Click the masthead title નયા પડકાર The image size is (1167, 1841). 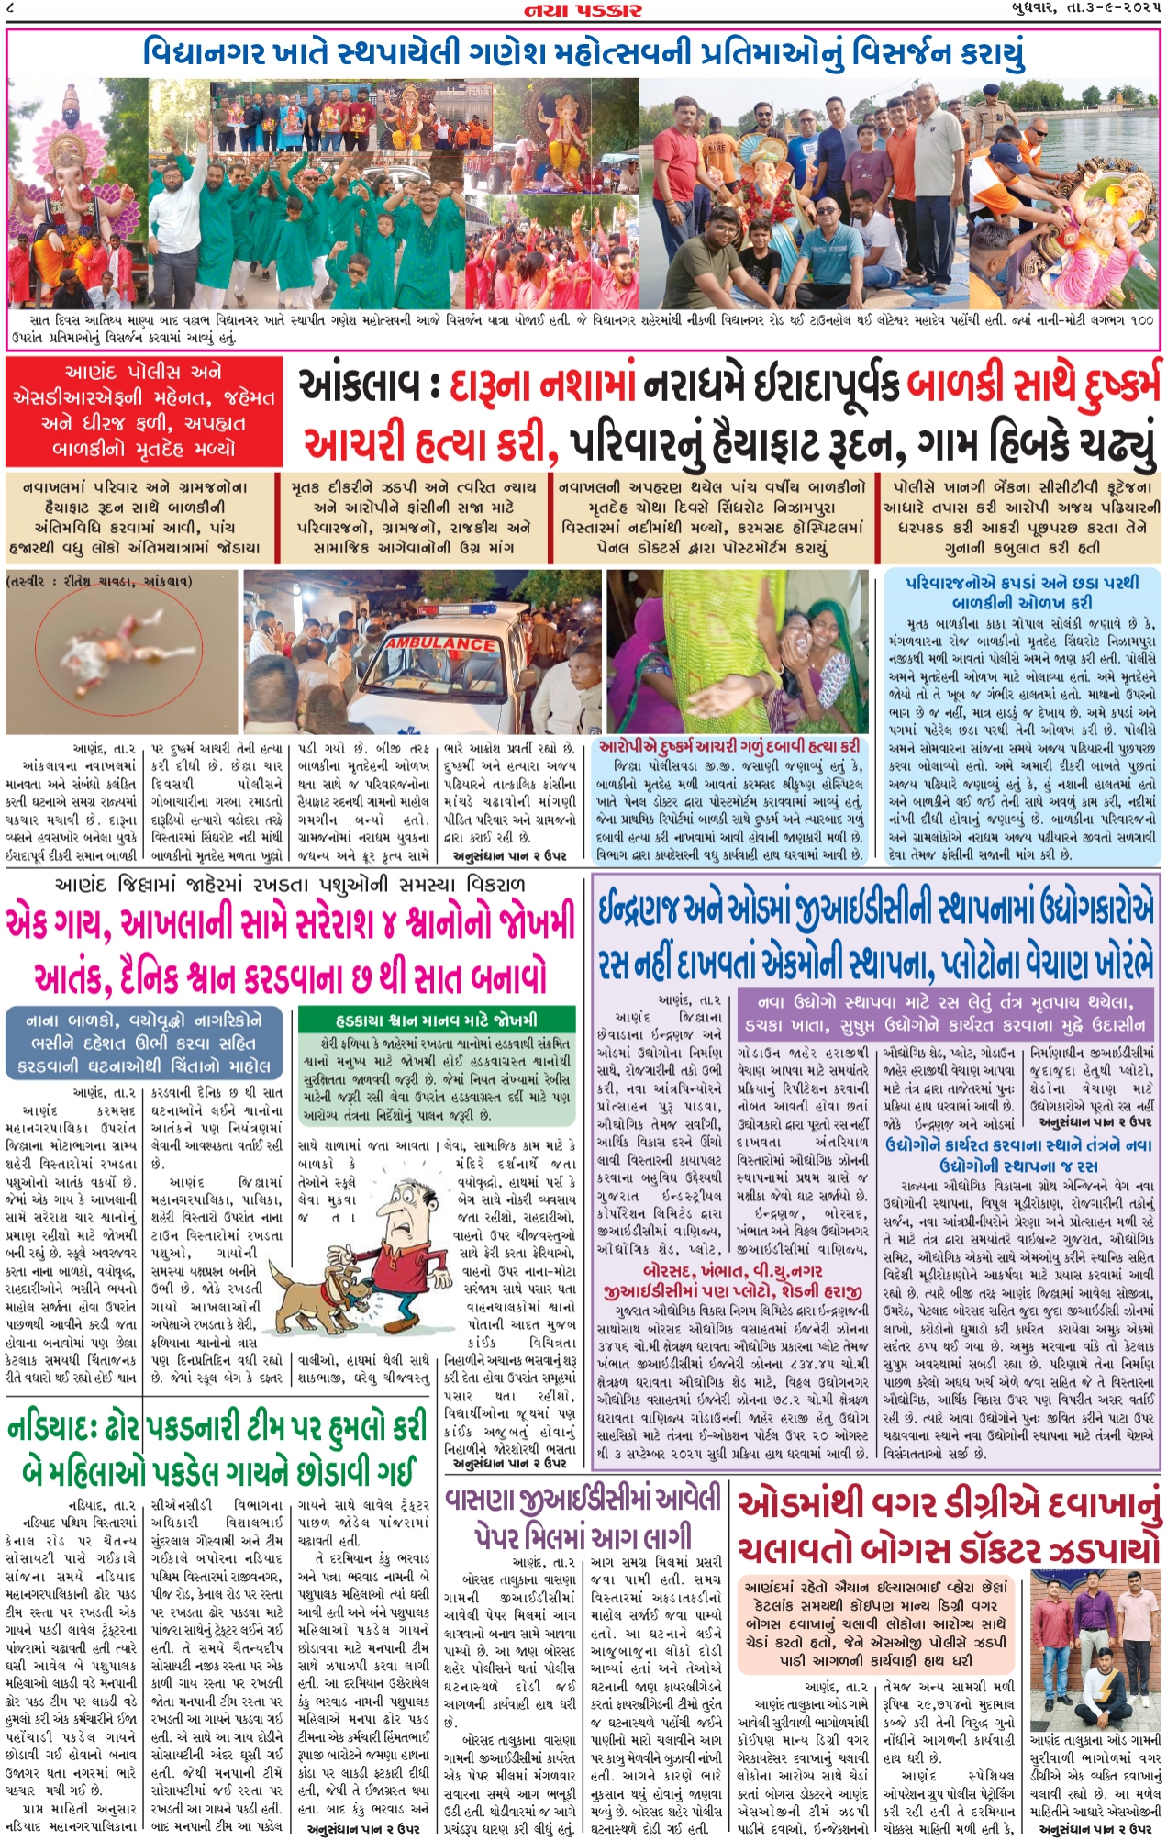(583, 10)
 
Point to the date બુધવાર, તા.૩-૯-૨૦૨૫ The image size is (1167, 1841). (1080, 10)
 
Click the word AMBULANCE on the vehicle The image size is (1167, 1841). (440, 644)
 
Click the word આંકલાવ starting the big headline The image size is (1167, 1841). (356, 387)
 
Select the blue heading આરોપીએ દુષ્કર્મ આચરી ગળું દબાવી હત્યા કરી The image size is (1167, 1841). (729, 746)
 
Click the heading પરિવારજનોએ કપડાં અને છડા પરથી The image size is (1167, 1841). (1021, 582)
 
